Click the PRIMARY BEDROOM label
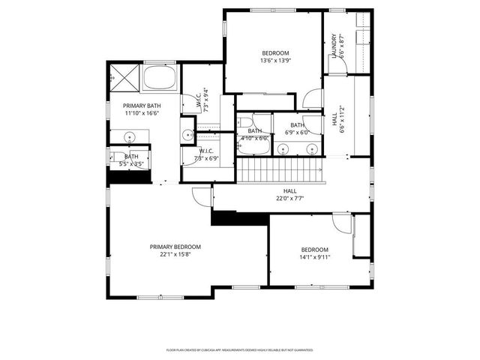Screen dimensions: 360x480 click(175, 247)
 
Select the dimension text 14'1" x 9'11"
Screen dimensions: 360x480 click(315, 257)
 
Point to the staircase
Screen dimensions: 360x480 click(281, 172)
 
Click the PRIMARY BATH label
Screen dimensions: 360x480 click(142, 106)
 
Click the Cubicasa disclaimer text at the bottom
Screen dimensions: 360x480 click(239, 349)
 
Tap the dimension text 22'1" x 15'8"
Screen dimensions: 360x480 click(175, 254)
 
